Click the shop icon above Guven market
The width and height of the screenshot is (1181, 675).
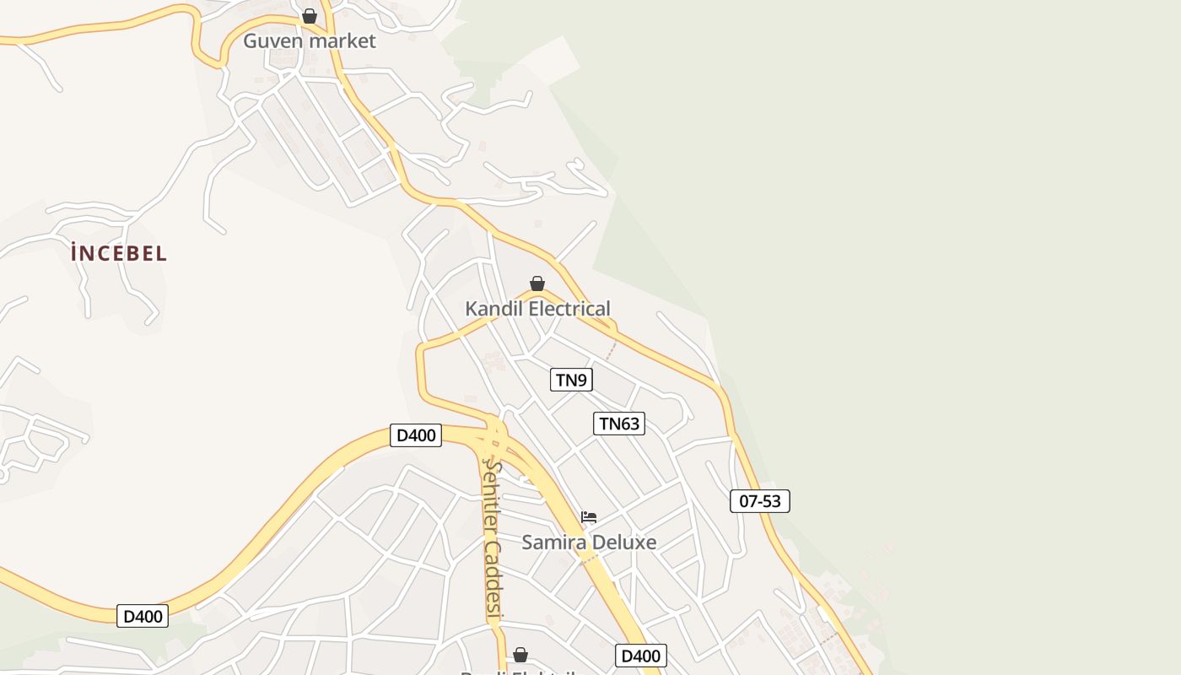[x=310, y=16]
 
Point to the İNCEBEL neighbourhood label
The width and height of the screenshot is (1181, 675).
[x=120, y=253]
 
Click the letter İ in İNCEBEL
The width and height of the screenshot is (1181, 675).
[x=76, y=253]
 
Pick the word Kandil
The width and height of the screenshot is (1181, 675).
[x=493, y=309]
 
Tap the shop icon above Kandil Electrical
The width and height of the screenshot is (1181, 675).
[x=537, y=283]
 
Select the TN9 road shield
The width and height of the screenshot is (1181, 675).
[x=571, y=380]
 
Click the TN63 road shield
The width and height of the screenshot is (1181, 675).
[x=619, y=424]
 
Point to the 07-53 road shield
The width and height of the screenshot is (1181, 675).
[x=759, y=501]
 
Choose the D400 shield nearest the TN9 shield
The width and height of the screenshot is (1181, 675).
[x=416, y=435]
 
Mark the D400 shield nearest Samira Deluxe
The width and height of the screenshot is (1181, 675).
[x=640, y=656]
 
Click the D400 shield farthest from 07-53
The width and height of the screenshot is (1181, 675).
[x=143, y=616]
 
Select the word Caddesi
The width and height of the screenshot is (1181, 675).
[x=493, y=579]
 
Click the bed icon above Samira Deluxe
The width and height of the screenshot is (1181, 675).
[x=589, y=516]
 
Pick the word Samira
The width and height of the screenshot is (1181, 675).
[x=553, y=542]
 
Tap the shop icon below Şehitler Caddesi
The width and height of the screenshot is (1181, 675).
[x=520, y=655]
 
